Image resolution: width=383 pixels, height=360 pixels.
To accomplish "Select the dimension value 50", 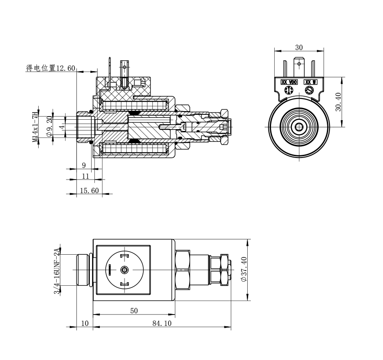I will [134, 310].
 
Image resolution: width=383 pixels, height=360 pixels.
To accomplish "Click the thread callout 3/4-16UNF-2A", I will [57, 271].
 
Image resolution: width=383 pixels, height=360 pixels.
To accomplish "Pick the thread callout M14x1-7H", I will [36, 127].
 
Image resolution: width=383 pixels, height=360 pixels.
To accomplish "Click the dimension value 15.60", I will [89, 191].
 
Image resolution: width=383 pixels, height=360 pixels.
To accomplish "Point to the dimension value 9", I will [84, 165].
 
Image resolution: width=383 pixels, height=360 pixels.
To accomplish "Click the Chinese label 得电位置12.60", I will [51, 68].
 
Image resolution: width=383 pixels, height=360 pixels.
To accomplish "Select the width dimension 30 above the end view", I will [299, 47].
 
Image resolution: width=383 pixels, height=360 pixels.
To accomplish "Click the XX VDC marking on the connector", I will [289, 82].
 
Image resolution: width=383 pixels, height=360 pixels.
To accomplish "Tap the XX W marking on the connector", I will [311, 82].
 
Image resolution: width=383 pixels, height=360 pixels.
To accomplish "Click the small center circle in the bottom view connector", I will [125, 270].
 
